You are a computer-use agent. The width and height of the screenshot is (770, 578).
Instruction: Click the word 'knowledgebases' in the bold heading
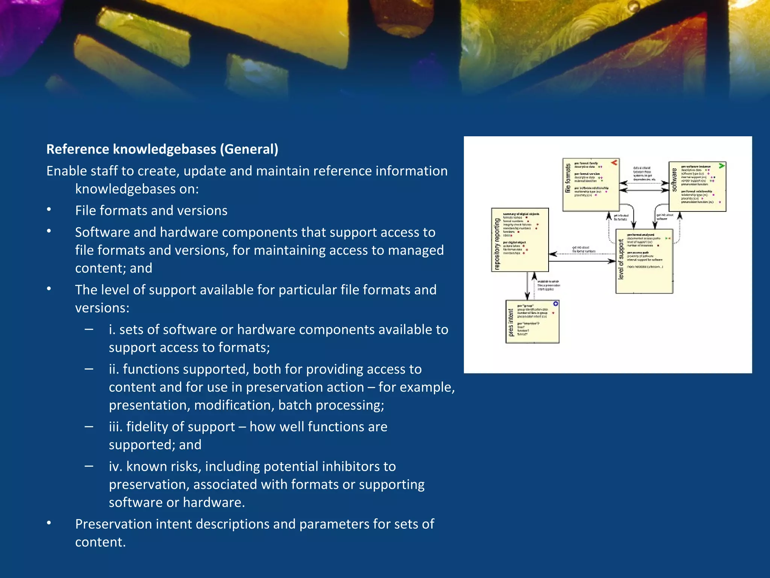165,149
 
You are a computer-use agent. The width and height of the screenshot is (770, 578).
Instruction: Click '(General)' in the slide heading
249,149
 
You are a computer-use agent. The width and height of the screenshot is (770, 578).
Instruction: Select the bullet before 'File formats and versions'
49,210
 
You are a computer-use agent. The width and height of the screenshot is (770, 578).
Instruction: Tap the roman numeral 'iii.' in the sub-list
115,427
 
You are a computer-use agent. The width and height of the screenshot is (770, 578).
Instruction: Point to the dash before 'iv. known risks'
89,466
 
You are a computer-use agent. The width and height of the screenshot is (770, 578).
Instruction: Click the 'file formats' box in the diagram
591,185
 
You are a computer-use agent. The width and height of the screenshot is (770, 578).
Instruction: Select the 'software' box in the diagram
697,187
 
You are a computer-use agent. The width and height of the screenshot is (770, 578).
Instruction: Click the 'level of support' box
644,261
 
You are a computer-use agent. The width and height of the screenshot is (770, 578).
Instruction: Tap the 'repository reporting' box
520,240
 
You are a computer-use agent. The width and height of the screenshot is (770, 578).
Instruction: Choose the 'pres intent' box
532,322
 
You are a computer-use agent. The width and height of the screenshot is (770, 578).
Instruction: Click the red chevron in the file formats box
614,163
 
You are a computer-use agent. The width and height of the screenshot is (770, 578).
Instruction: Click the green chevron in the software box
721,166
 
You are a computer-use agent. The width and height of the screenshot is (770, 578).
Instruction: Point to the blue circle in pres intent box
556,304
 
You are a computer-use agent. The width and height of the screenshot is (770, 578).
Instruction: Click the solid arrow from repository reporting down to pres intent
527,286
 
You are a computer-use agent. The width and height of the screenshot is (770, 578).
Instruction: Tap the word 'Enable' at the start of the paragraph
66,171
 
